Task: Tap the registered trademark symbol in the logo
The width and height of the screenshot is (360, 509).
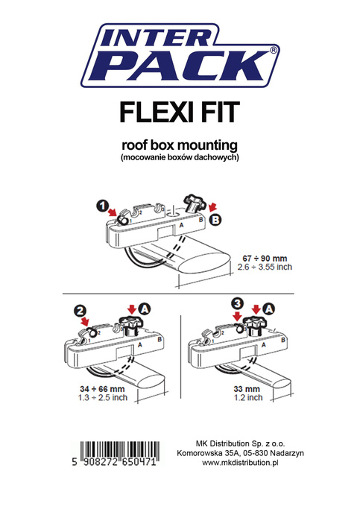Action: pos(273,50)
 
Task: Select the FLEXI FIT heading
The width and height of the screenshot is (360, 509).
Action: pos(180,111)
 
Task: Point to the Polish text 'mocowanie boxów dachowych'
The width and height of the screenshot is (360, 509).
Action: pos(179,157)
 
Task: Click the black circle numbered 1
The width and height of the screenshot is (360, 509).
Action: pos(103,203)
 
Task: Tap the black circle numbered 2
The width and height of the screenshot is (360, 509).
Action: pos(79,312)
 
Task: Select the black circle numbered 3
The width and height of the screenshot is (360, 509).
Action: pos(237,304)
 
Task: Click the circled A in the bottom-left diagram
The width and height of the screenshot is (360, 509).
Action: pos(144,307)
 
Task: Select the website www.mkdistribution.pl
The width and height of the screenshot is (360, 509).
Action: pos(239,463)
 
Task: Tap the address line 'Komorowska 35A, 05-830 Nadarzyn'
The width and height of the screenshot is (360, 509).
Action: pos(239,452)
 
